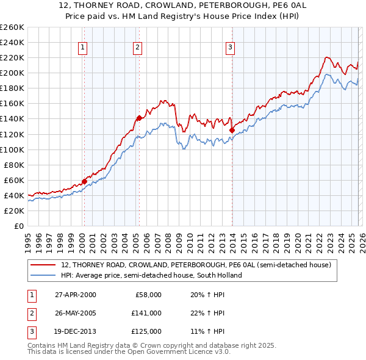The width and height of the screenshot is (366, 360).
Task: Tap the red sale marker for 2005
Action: tap(139, 118)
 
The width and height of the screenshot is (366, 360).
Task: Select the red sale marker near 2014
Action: tap(232, 130)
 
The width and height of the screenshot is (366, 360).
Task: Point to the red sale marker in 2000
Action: tap(84, 181)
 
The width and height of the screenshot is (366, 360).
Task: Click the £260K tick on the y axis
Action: tap(12, 27)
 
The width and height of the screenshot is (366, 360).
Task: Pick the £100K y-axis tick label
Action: tap(12, 149)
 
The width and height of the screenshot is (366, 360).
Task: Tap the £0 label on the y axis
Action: tap(18, 226)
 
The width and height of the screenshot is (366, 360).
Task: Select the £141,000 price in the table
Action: tap(146, 313)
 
